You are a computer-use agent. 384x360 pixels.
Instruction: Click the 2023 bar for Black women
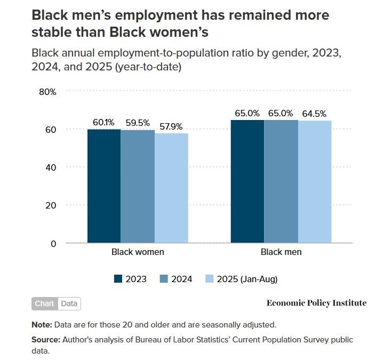(x=104, y=186)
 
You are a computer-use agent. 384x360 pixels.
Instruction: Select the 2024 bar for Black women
(x=138, y=187)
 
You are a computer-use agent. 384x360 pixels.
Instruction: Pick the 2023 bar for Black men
(x=247, y=181)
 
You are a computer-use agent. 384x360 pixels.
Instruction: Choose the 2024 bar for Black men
(x=281, y=181)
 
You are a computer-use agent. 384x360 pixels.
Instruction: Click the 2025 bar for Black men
(x=315, y=182)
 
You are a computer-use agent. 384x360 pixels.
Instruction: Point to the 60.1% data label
(x=103, y=122)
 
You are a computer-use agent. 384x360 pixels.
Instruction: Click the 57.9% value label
(x=171, y=126)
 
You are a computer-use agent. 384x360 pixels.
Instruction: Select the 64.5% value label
(x=314, y=114)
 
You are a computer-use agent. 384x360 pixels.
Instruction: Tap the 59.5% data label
(x=138, y=122)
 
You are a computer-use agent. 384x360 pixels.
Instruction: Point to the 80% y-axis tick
(x=48, y=92)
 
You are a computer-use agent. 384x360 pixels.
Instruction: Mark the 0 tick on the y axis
(x=53, y=244)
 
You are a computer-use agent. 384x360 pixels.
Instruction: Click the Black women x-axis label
(x=138, y=252)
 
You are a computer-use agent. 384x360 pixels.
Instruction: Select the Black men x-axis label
(x=281, y=252)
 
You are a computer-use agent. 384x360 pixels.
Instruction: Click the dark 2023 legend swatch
(x=118, y=279)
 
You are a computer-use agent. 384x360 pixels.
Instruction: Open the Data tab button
(x=69, y=303)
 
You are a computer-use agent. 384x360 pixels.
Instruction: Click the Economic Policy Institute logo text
(x=316, y=303)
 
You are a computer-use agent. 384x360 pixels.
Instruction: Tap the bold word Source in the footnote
(x=45, y=339)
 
